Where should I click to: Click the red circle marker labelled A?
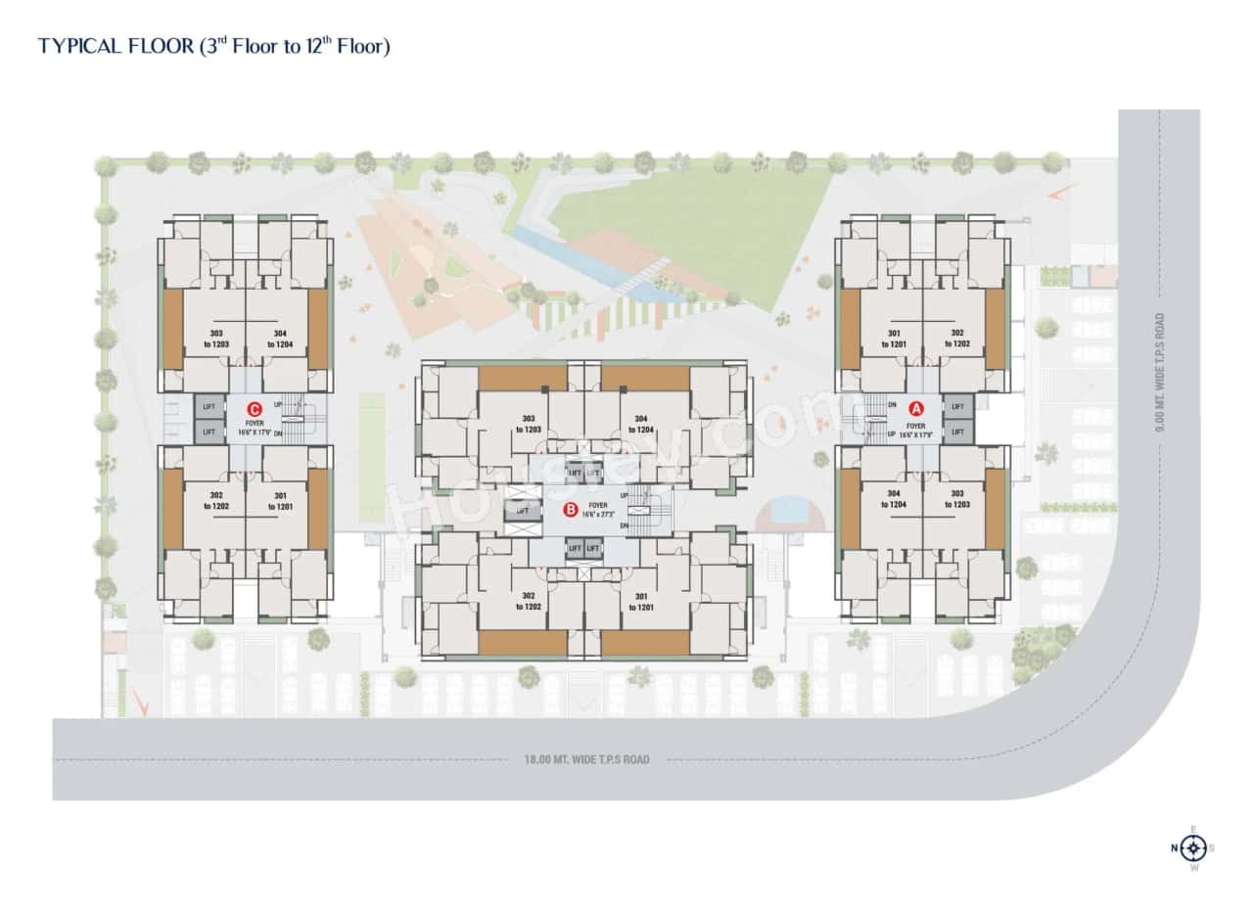(x=917, y=408)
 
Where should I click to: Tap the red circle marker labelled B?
(x=571, y=509)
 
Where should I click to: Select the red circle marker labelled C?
(x=255, y=410)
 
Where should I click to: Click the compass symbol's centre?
(x=1192, y=847)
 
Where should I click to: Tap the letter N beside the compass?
(x=1174, y=847)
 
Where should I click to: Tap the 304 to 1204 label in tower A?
(x=893, y=498)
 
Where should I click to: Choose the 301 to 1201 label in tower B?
(x=642, y=602)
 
